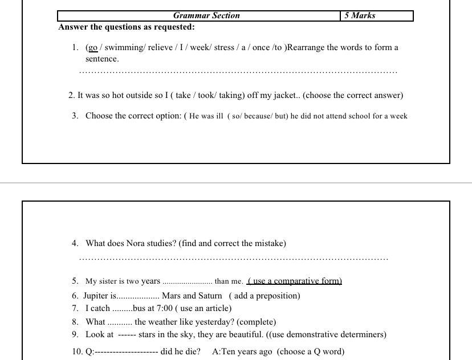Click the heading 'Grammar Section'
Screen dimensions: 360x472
[206, 16]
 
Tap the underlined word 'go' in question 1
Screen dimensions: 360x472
[93, 48]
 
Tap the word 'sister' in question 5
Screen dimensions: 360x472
[111, 281]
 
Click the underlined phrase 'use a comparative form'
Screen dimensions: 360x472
[295, 281]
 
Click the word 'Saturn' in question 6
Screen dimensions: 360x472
[209, 296]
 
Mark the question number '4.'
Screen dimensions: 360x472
[75, 244]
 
